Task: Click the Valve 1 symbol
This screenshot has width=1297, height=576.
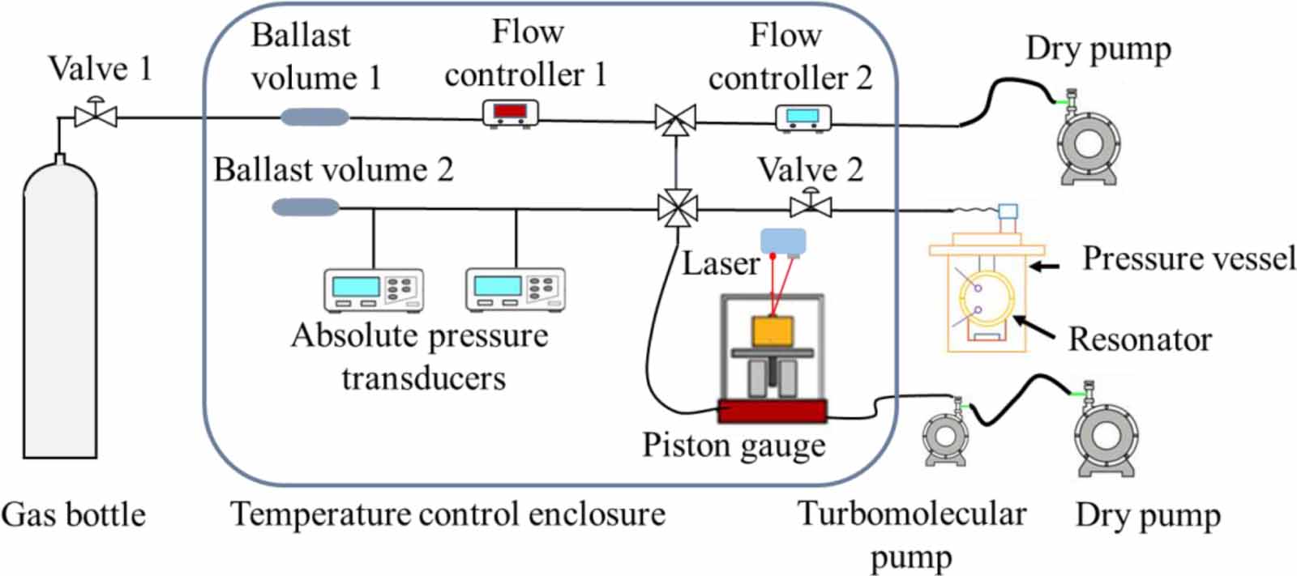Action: coord(96,116)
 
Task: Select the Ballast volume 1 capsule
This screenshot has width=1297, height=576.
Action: coord(315,117)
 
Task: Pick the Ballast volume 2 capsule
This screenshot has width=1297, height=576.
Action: coord(306,207)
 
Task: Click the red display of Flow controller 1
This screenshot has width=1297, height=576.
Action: coord(511,110)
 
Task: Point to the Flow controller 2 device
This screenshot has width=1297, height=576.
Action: coord(803,118)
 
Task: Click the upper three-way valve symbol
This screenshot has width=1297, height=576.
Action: coord(675,121)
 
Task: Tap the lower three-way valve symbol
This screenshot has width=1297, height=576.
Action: coord(676,209)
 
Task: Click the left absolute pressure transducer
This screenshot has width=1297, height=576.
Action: coord(373,290)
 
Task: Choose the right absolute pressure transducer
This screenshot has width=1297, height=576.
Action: coord(515,290)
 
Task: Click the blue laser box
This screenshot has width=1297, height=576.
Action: coord(783,241)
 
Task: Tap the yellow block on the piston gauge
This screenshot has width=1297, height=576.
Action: coord(773,331)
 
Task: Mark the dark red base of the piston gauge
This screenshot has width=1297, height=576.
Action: coord(772,412)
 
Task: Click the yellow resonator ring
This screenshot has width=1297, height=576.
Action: coord(985,297)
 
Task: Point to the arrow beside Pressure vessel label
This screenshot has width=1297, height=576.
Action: coord(1046,265)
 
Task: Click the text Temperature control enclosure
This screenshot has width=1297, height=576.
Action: coord(447,514)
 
